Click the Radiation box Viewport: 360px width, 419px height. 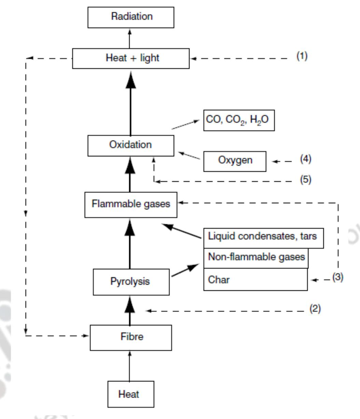pyautogui.click(x=131, y=16)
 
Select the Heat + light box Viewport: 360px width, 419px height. pyautogui.click(x=131, y=58)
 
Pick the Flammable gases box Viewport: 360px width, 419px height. pyautogui.click(x=131, y=204)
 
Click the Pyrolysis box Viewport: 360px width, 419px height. pyautogui.click(x=131, y=282)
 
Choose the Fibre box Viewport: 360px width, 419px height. pyautogui.click(x=131, y=337)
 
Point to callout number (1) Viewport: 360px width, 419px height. pyautogui.click(x=302, y=56)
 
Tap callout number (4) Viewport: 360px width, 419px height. pyautogui.click(x=306, y=159)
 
